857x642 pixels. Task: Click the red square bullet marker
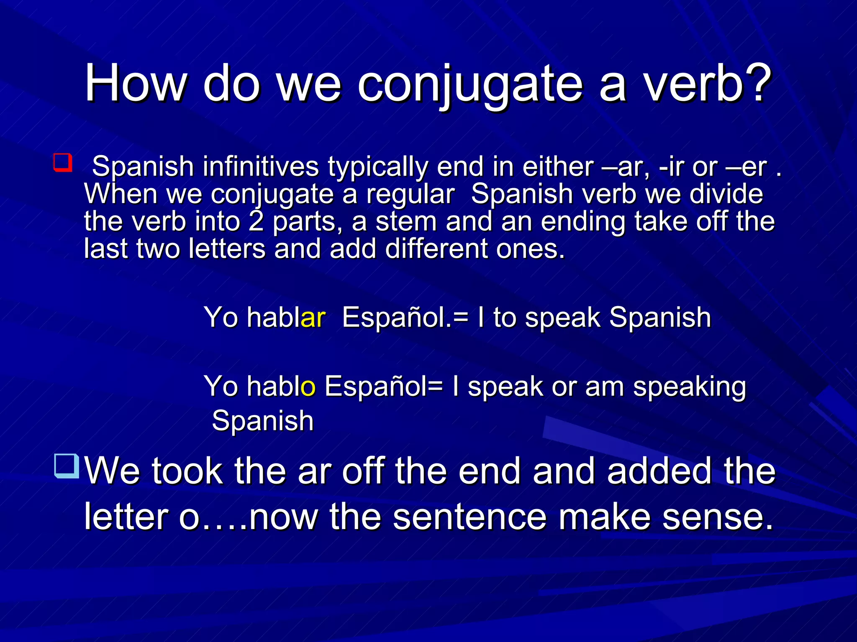coord(63,163)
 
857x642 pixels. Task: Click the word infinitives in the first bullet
coord(261,166)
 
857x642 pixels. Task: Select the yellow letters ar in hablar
coord(313,317)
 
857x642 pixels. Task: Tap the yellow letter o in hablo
coord(308,386)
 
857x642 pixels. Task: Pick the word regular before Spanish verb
coord(410,194)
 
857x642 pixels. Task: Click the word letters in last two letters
coord(227,249)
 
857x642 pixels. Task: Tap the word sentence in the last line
coord(470,517)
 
